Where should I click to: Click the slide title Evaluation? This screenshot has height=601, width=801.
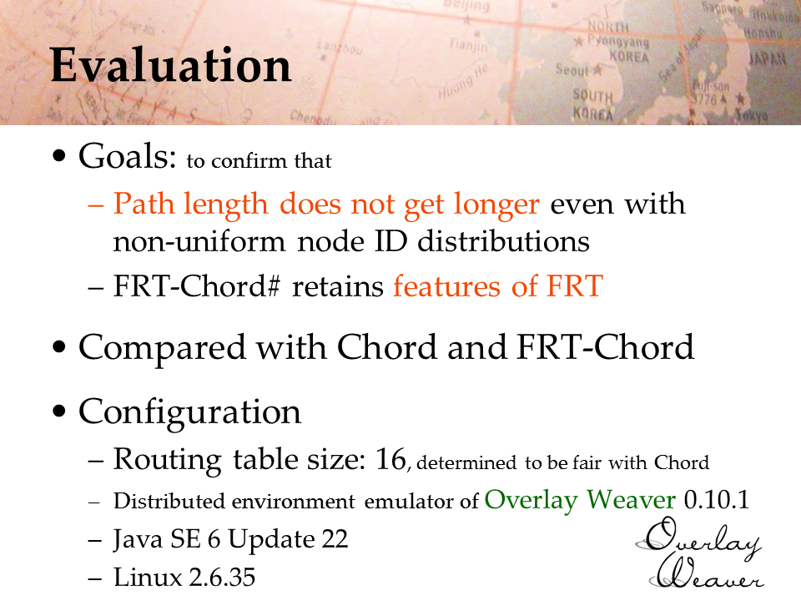(171, 65)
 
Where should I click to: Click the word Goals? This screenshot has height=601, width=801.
(127, 156)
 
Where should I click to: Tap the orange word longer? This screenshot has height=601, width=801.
(496, 205)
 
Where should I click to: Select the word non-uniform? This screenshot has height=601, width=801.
(199, 241)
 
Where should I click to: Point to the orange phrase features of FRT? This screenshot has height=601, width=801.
(498, 285)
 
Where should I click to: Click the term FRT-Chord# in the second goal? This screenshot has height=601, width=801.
(197, 285)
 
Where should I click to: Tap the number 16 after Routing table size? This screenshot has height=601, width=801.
(390, 459)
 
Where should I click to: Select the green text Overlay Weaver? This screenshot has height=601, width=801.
(581, 500)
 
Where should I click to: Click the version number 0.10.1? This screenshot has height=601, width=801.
(716, 500)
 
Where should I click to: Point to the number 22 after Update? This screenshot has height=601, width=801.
(335, 539)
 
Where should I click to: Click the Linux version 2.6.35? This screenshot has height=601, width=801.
(222, 578)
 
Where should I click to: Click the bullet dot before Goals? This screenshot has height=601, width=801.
(59, 156)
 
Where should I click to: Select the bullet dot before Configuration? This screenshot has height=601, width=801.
(59, 411)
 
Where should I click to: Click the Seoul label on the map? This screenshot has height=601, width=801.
(572, 69)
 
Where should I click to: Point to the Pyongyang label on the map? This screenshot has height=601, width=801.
(618, 41)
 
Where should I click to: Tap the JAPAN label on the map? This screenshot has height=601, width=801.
(768, 58)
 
